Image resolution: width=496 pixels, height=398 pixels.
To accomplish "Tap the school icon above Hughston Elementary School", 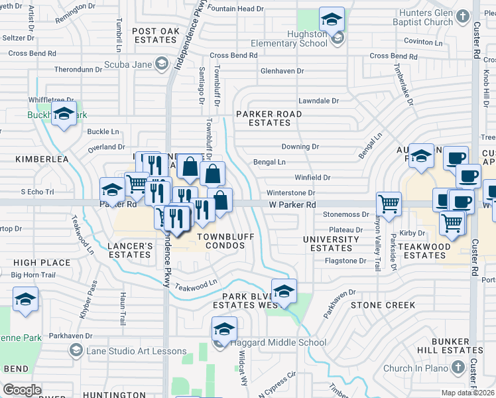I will pyautogui.click(x=332, y=19).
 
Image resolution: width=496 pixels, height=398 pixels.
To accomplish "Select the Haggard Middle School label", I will pyautogui.click(x=279, y=343).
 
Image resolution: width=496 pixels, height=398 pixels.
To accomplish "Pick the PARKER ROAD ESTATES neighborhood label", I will pyautogui.click(x=269, y=118).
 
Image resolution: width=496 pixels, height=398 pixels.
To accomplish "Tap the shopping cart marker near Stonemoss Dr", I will pyautogui.click(x=388, y=204).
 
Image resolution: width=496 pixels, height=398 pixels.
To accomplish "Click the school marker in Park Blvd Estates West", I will pyautogui.click(x=284, y=291).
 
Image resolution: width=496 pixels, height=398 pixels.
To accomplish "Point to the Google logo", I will pyautogui.click(x=22, y=389).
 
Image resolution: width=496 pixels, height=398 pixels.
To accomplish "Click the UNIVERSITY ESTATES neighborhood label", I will pyautogui.click(x=331, y=243).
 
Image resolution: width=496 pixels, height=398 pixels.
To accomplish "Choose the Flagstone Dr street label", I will pyautogui.click(x=345, y=261).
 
